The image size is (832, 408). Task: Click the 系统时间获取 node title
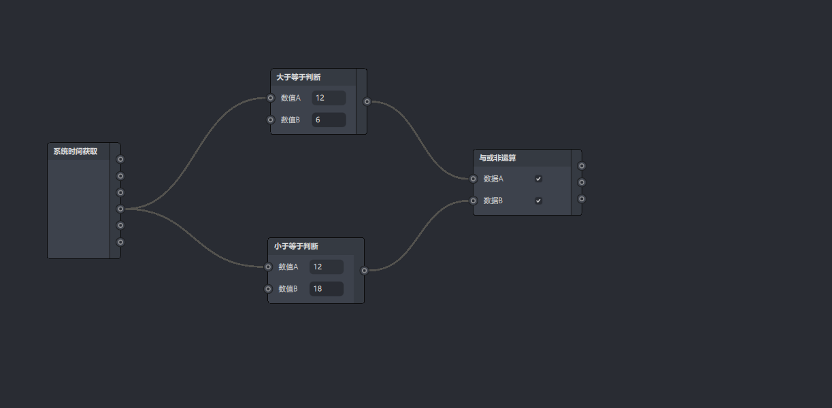pos(76,152)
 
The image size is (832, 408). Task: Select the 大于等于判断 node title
pos(299,78)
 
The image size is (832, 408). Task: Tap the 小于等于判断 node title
pos(296,246)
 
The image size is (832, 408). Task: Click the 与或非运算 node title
pos(498,158)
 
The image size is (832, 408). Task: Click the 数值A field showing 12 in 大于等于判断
pos(329,98)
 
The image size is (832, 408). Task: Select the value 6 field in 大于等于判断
pos(329,120)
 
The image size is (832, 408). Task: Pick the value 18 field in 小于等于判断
pos(326,289)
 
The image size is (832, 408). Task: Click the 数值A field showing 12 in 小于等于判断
pos(326,267)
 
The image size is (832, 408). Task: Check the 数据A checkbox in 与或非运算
pos(538,179)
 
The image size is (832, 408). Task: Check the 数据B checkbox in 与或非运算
pos(538,201)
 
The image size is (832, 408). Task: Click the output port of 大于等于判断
pos(367,102)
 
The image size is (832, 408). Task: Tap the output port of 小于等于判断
pos(365,271)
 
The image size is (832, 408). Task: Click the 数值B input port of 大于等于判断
pos(271,120)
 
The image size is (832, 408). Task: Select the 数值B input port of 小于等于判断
pos(268,289)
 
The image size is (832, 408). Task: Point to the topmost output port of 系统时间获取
pos(120,160)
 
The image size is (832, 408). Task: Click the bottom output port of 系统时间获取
pos(120,242)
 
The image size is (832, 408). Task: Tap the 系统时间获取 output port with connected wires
pos(120,209)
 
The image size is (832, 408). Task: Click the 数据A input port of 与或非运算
pos(473,179)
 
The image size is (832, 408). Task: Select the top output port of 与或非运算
pos(582,166)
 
